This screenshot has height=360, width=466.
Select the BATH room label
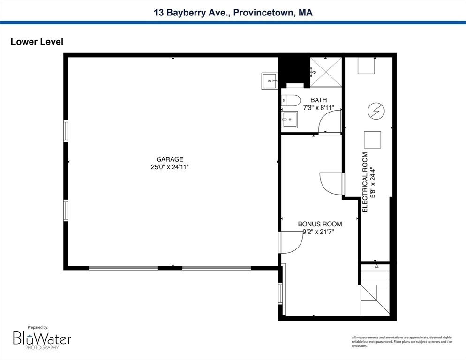pos(318,100)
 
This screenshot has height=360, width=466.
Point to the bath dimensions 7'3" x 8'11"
pos(318,107)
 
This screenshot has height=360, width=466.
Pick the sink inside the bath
pos(290,119)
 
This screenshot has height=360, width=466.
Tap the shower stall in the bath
pos(326,71)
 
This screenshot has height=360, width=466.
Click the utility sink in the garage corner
pos(270,81)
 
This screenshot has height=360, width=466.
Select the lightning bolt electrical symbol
pos(376,111)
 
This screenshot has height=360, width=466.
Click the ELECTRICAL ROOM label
pos(365,182)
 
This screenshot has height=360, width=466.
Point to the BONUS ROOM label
pos(320,224)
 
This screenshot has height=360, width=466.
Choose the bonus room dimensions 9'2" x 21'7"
pos(320,232)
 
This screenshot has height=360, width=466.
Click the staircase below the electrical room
pos(375,291)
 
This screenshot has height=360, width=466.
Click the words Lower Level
pos(37,42)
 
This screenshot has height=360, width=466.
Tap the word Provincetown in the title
pos(266,13)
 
